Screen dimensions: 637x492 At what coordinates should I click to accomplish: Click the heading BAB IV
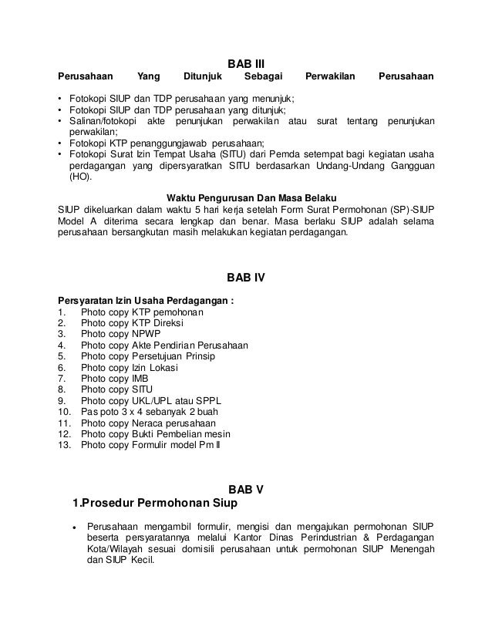coord(246,278)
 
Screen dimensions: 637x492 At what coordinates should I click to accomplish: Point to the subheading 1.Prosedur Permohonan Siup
coord(154,504)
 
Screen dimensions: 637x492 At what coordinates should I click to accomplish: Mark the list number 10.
coord(65,413)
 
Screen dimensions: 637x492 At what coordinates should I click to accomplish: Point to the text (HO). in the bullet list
coord(79,177)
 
